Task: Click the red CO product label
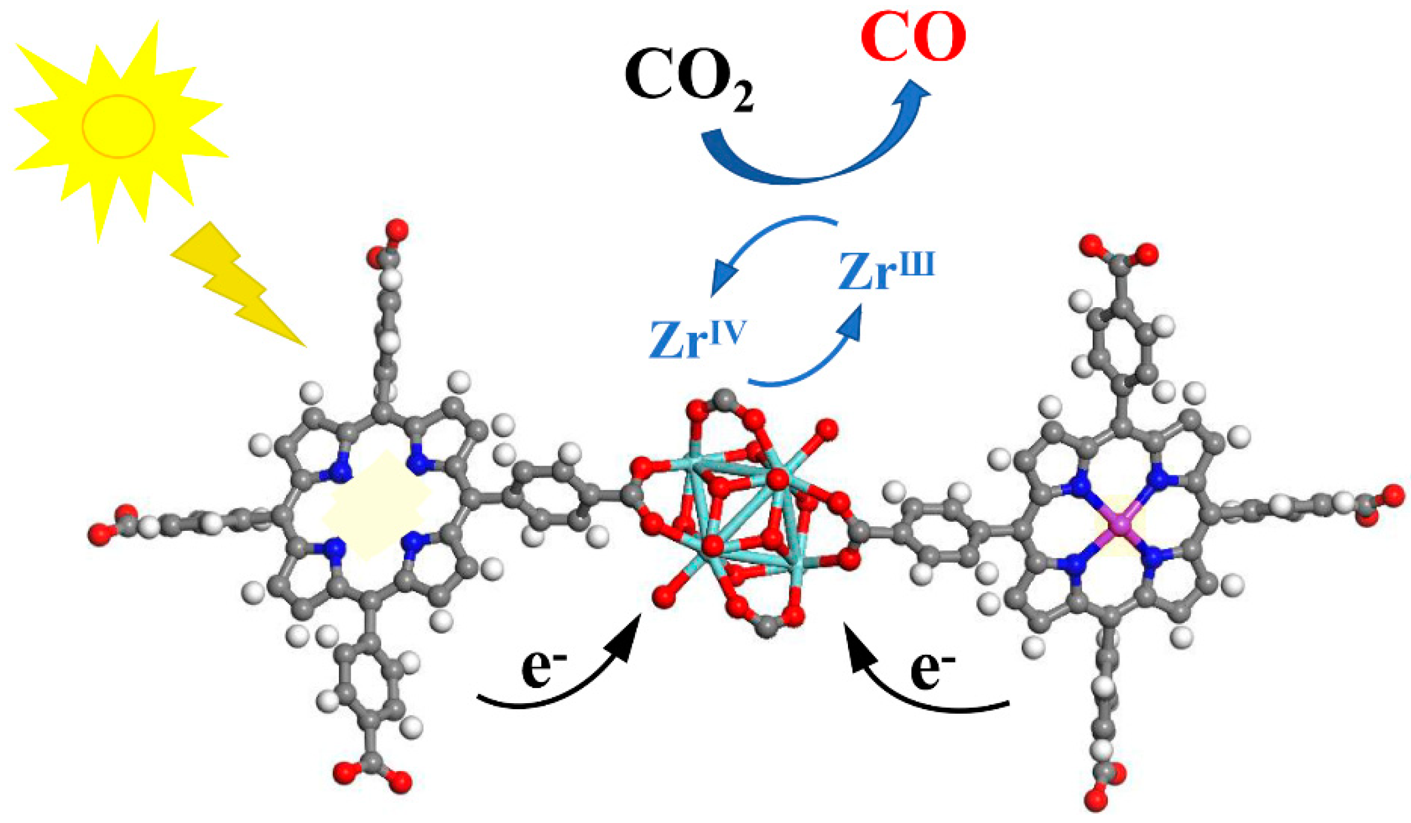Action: point(913,37)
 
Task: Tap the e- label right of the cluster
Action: point(932,669)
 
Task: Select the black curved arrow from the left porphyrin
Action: point(560,689)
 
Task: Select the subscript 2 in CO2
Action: point(742,99)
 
